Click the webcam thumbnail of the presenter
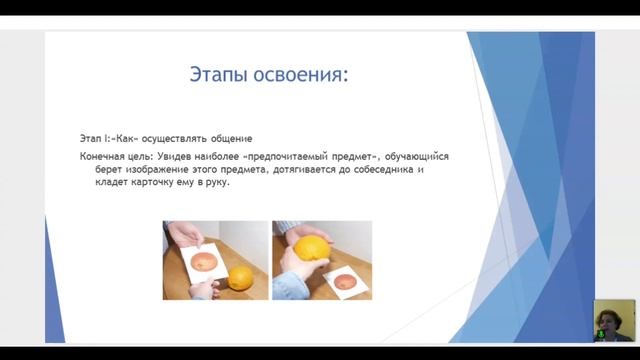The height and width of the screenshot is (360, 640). coord(613,321)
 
